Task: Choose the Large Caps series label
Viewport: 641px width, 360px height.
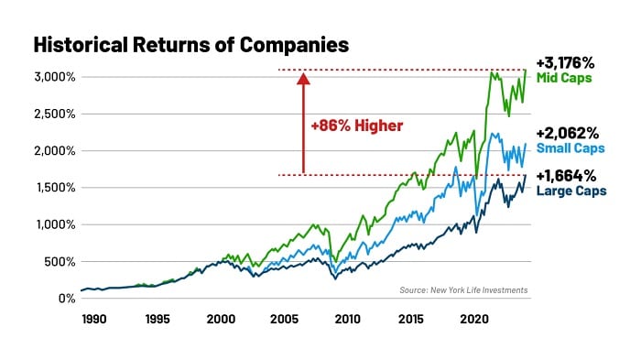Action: [x=570, y=191]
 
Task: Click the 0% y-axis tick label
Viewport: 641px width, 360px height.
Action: [x=67, y=299]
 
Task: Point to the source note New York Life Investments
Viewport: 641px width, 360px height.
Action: [x=463, y=290]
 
